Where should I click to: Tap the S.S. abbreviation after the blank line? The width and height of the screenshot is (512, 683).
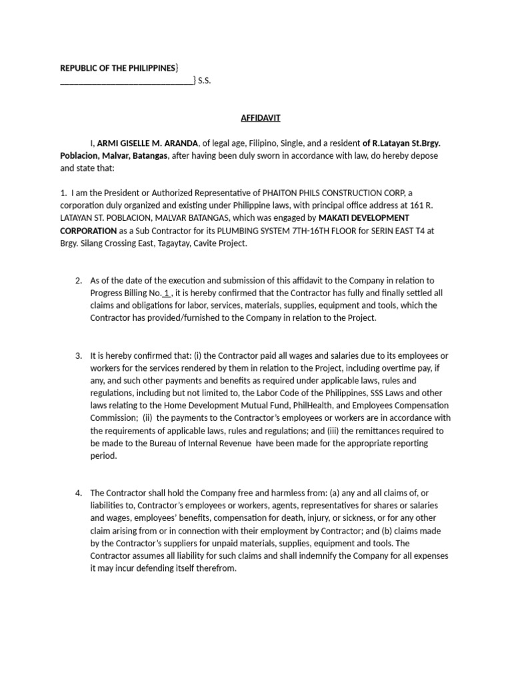204,81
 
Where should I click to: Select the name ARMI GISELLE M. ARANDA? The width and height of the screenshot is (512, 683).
149,143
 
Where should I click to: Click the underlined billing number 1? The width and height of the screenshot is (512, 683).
166,293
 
